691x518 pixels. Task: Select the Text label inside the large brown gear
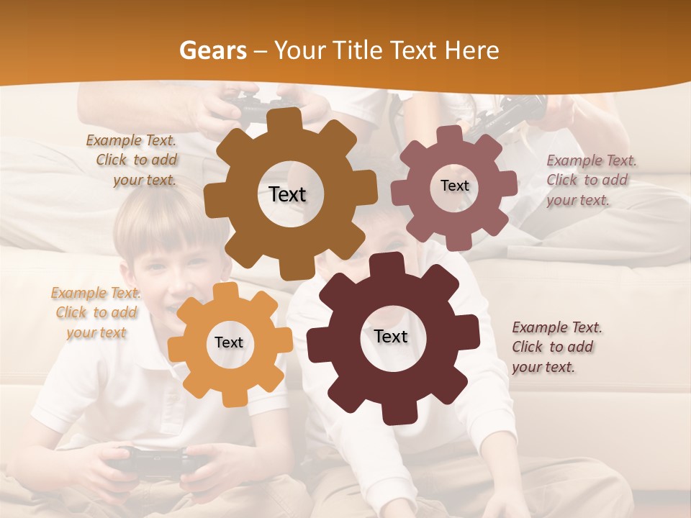point(287,194)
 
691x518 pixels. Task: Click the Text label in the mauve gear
point(454,186)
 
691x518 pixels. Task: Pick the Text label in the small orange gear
point(229,342)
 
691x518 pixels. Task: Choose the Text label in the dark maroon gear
point(391,336)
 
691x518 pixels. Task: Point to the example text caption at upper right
point(590,180)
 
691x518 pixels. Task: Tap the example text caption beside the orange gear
point(94,312)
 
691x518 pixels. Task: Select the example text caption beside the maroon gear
point(556,347)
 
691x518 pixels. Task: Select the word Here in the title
point(471,50)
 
